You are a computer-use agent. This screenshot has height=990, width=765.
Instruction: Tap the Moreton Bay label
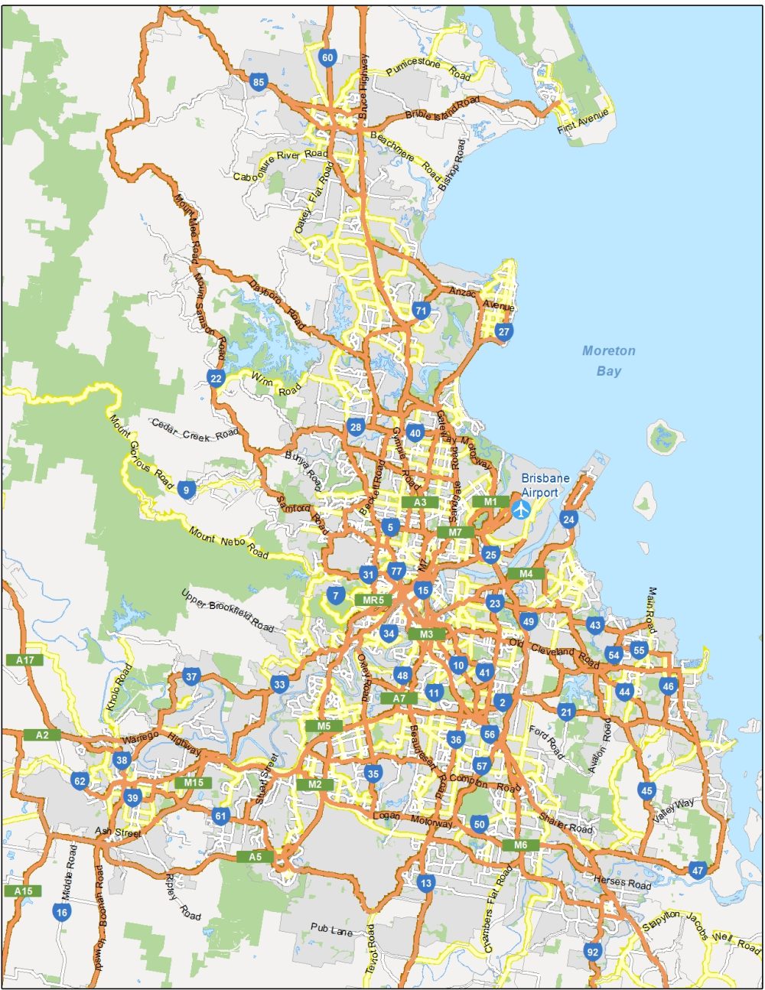coord(609,361)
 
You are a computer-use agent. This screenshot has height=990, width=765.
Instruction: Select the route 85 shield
coord(258,83)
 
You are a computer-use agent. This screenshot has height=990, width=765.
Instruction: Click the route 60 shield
coord(327,58)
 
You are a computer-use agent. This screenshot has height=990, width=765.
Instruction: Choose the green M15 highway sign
coord(194,783)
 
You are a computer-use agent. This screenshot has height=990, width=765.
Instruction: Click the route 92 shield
coord(592,952)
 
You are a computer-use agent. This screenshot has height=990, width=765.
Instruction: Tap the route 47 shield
coord(697,870)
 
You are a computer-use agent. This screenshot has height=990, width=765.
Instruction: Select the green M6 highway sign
coord(521,845)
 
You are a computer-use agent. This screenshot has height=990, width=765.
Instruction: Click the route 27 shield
coord(503,332)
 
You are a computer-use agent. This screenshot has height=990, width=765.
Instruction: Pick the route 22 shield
coord(216,379)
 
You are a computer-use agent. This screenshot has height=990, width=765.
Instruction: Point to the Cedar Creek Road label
coord(195,429)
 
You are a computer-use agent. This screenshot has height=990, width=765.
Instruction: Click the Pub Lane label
coord(331,929)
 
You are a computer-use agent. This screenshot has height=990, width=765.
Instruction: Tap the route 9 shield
coord(186,490)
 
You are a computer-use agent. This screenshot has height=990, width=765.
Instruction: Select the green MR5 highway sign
coord(373,600)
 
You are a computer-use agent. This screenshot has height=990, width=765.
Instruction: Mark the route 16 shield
coord(62,912)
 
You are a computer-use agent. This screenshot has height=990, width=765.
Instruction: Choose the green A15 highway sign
coord(23,891)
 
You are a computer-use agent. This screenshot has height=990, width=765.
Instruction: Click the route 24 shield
coord(568,520)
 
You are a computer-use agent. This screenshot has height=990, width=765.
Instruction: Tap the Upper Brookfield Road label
coord(227,611)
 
